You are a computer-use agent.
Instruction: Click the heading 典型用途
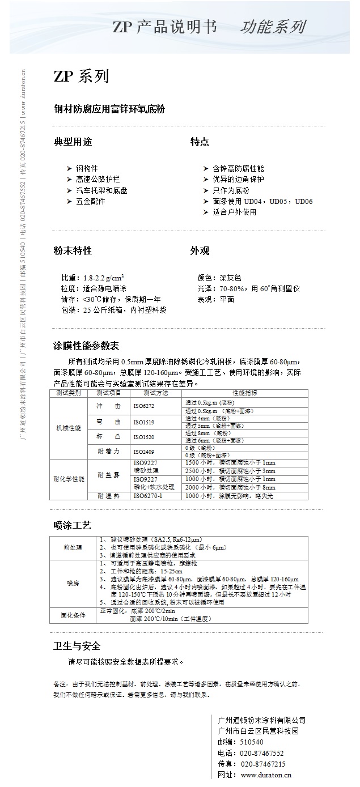point(72,142)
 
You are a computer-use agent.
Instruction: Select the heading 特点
point(200,142)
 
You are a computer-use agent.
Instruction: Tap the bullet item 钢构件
point(87,168)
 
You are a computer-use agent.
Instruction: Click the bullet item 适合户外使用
point(234,212)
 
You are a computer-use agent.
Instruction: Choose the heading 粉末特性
point(72,250)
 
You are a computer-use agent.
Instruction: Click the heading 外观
point(200,250)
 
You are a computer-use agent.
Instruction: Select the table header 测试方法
point(155,392)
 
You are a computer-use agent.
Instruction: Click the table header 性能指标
point(245,392)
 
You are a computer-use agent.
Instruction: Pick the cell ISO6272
point(143,406)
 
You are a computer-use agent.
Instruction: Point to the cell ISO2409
point(143,452)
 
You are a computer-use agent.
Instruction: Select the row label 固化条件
point(74,615)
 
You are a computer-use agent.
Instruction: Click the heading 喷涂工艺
point(72,526)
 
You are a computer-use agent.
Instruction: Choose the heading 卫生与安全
point(77,646)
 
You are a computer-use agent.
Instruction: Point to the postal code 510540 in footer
point(252,742)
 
